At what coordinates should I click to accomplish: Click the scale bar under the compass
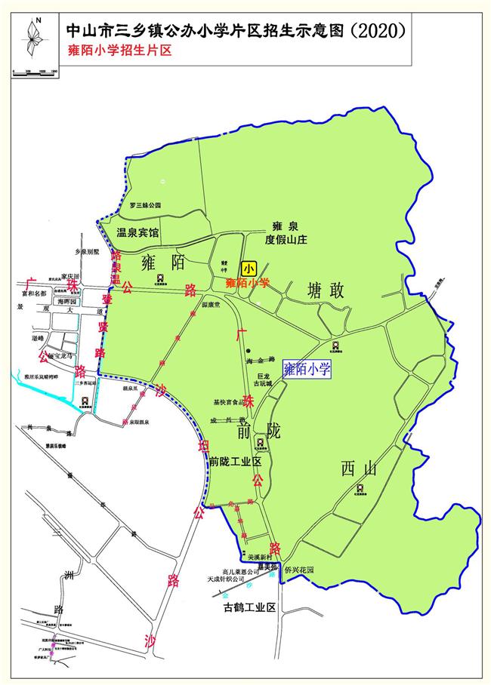pos(35,71)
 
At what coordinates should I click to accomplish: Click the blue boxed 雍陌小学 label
pos(307,369)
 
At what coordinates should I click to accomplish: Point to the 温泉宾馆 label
pos(137,233)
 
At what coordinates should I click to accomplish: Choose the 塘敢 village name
pos(326,290)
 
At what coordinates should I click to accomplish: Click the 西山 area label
pos(358,470)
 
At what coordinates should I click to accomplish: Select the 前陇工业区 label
pos(235,461)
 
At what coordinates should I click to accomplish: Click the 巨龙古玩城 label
pos(264,381)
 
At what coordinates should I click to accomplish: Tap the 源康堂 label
pos(210,306)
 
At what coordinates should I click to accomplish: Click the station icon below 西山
pos(360,488)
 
